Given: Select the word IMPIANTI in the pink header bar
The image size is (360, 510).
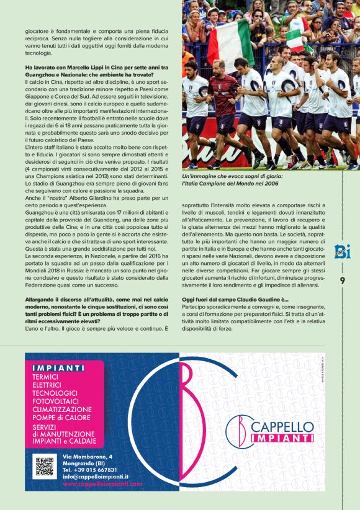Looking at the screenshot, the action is click(x=58, y=367).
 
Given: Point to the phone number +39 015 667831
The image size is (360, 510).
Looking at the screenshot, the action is click(x=90, y=470).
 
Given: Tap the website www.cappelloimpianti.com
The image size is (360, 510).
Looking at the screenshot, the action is click(x=102, y=483).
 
